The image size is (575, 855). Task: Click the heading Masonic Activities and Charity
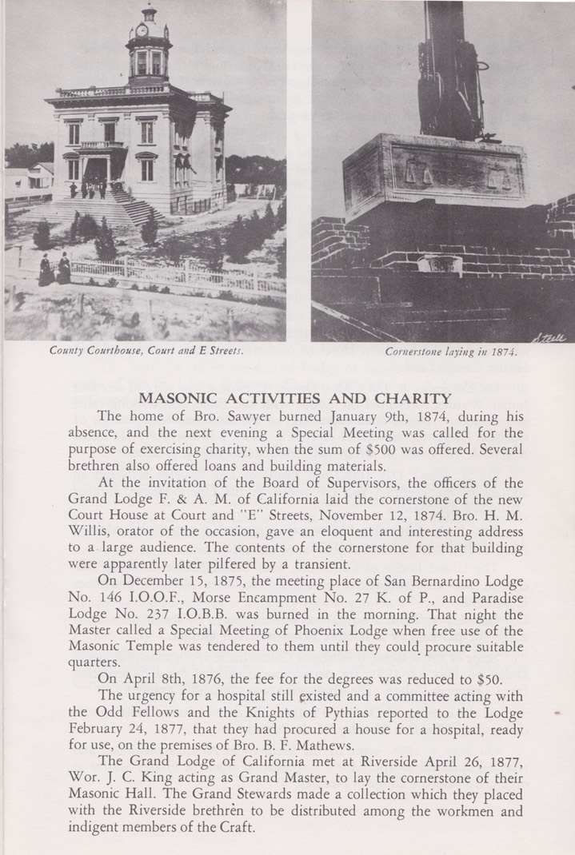[296, 398]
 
